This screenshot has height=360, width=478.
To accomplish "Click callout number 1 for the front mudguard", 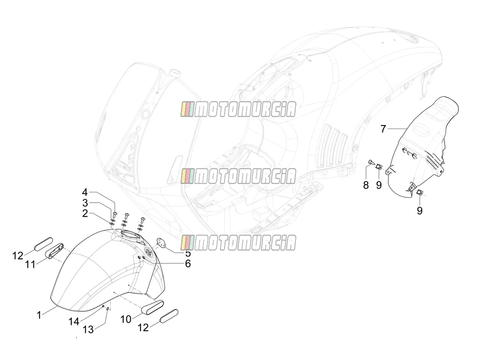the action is tap(39, 315).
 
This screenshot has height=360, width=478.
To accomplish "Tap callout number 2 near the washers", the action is tap(85, 213).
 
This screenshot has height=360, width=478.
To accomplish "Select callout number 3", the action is tap(85, 203).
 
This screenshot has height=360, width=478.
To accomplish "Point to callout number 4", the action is tap(85, 192).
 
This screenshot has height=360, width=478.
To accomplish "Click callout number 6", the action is tap(188, 264).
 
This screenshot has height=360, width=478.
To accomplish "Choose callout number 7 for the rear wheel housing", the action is tap(383, 129).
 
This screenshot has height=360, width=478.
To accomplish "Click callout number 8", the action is tap(366, 185).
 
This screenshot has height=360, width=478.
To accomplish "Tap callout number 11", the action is tap(30, 265).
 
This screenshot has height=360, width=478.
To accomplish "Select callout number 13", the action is tap(88, 329).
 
